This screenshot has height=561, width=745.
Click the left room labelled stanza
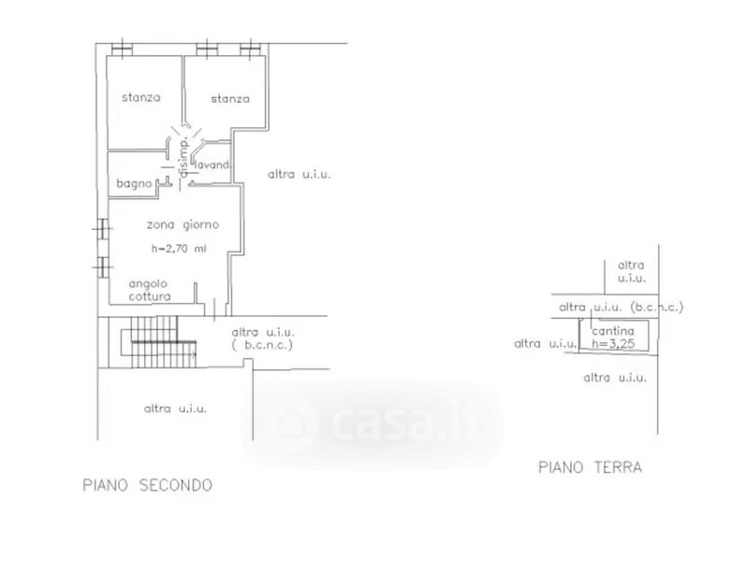(140, 97)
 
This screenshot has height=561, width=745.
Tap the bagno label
(135, 185)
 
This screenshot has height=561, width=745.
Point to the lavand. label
(213, 166)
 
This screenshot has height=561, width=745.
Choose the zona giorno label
(183, 224)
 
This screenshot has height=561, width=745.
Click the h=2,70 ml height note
(178, 249)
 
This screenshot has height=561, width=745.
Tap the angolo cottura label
(150, 289)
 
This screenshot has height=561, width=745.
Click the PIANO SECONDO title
(147, 485)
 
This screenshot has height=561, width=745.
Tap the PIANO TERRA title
(590, 467)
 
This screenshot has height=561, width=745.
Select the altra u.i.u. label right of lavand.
(300, 174)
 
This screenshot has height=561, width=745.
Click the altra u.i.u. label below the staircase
(175, 409)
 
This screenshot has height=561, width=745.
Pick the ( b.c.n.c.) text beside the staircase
(261, 345)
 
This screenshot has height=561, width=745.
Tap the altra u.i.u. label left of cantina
(545, 344)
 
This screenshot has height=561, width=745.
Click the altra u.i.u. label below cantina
(614, 378)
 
